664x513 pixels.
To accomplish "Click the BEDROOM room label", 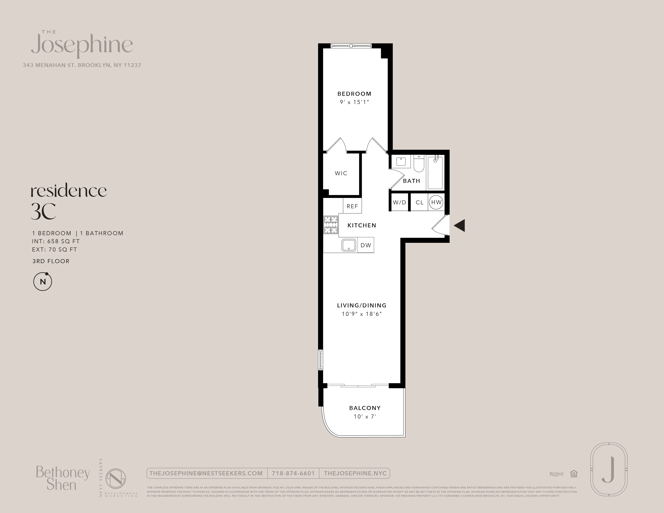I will [x=354, y=94].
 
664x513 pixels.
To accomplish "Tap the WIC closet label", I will [x=341, y=173].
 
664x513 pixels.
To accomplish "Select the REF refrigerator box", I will [x=352, y=206].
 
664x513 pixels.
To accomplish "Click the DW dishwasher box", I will [x=366, y=245].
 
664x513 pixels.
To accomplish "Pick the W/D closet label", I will [x=399, y=202].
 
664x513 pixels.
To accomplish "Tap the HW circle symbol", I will [x=436, y=202].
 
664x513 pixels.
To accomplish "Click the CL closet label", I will [x=419, y=202].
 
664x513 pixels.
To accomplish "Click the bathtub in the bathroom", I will [x=435, y=172].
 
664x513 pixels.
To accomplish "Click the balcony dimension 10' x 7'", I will [x=365, y=417].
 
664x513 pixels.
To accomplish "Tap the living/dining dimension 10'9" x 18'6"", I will [x=362, y=314].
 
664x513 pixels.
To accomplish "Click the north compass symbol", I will [x=43, y=282].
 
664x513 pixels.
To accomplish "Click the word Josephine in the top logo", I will [x=82, y=46].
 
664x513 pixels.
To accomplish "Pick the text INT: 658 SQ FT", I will [x=56, y=241].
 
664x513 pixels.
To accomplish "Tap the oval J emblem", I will [x=609, y=470].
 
